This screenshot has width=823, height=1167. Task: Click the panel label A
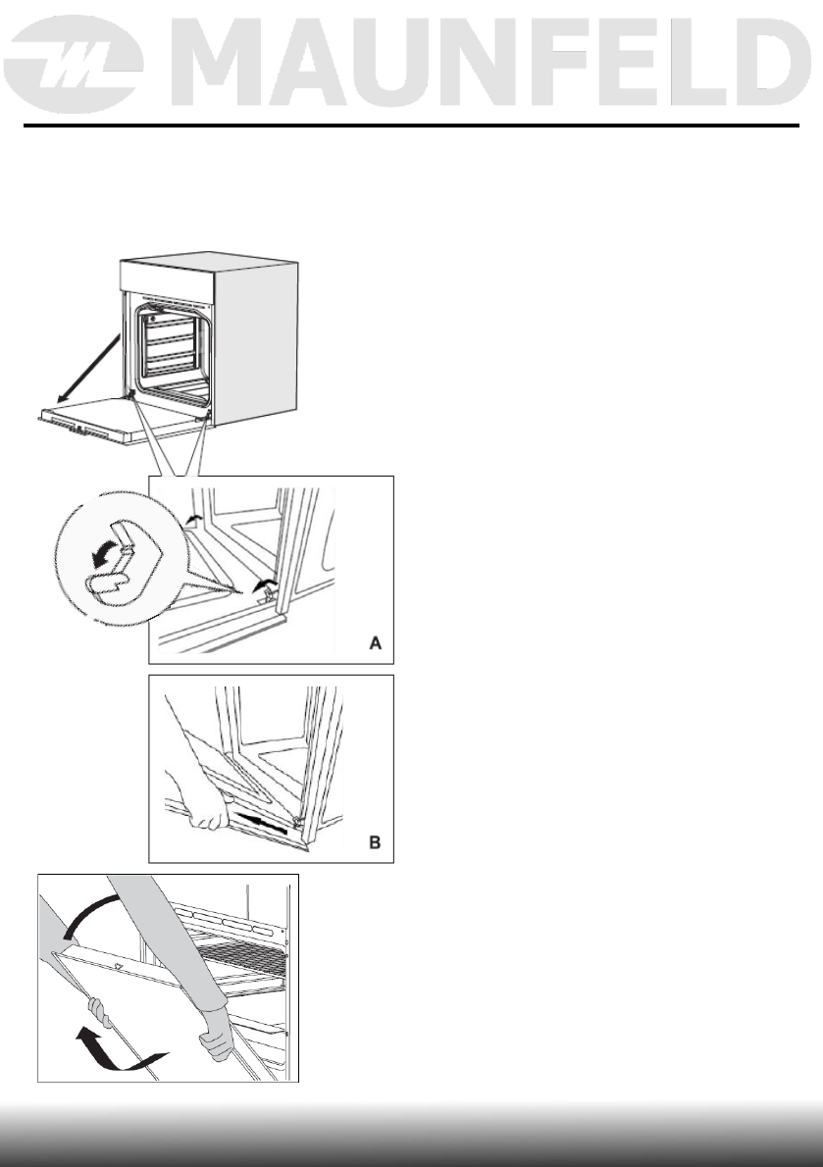click(x=375, y=644)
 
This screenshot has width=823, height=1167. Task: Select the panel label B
click(x=375, y=842)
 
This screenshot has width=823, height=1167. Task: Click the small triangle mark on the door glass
click(x=120, y=967)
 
